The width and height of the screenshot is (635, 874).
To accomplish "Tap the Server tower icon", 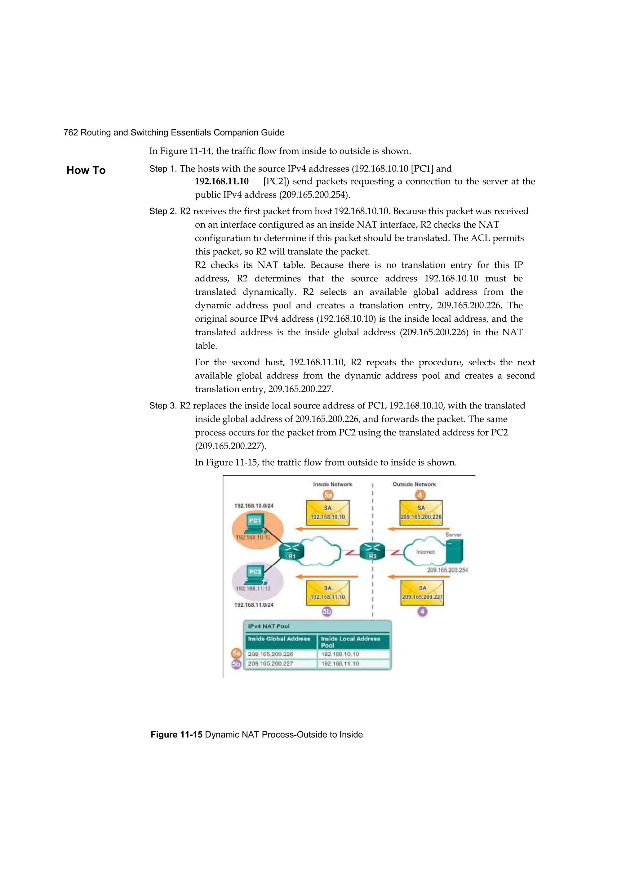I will point(454,551).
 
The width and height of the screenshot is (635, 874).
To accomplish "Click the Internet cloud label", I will point(425,552).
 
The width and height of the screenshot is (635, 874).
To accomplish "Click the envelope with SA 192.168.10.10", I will point(327,513).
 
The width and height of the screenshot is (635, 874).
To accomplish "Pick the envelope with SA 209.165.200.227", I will point(422,593).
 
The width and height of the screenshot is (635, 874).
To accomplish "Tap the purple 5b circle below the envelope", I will point(327,612).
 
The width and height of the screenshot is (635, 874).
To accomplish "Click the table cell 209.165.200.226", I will point(270,654).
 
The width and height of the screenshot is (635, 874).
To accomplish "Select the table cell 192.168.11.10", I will point(340,664).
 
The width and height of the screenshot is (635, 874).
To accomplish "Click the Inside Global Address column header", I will point(279,639).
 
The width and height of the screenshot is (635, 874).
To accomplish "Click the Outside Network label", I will point(414,484).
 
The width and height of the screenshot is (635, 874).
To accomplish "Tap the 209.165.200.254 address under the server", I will point(447,570).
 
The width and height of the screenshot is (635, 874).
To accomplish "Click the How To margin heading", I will point(86,170).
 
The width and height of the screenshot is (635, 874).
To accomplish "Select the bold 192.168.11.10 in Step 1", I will point(222,181).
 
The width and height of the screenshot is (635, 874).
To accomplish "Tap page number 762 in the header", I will point(70,132).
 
